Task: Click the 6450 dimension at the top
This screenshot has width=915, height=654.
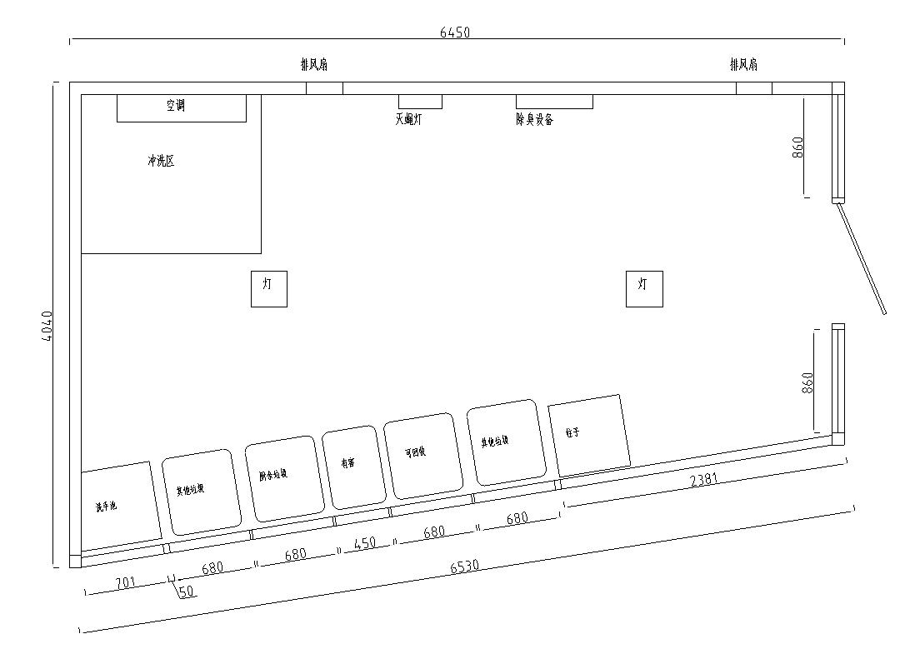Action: pos(455,32)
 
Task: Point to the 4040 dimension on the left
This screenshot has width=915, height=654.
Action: pos(47,331)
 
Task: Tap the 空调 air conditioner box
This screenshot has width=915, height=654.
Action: pos(181,107)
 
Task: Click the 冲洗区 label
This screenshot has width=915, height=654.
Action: pos(161,162)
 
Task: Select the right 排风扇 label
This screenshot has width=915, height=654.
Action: pos(743,64)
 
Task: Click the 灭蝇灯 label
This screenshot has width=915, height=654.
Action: pos(408,119)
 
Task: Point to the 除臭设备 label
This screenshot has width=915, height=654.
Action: pos(534,119)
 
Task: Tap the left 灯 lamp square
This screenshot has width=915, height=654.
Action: pos(268,288)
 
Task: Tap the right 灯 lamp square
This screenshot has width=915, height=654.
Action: pos(644,288)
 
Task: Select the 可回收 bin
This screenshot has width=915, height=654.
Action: pos(422,455)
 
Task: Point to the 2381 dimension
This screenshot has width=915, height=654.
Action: pos(704,480)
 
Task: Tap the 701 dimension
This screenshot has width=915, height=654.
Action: pos(124,582)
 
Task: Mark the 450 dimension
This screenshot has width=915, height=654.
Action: pos(364,542)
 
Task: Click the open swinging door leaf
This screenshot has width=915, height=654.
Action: pos(862,259)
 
